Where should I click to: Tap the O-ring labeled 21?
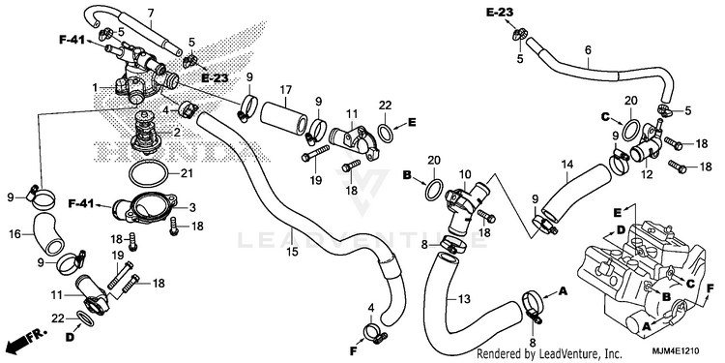point(148,174)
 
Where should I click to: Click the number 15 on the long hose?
point(292,252)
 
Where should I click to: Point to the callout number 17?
point(286,88)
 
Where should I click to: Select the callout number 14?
point(567,165)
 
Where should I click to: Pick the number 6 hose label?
point(588,49)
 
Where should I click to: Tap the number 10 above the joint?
point(465,174)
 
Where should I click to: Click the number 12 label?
point(647,174)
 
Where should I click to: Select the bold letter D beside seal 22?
point(70,338)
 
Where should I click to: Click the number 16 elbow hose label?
point(14,234)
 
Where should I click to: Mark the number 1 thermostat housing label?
point(95,87)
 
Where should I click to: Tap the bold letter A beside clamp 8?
point(563,290)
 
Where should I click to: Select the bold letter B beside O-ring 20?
point(407,175)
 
